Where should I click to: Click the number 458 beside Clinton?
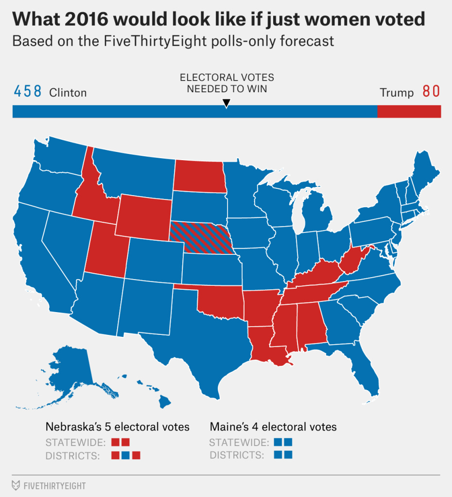27,92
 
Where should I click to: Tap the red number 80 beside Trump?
431,92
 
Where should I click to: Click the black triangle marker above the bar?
226,103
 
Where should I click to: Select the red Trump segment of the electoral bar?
409,111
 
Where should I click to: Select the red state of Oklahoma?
219,301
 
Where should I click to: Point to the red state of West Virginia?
352,260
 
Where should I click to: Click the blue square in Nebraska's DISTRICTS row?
126,455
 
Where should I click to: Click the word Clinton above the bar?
68,92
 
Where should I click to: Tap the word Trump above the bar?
397,92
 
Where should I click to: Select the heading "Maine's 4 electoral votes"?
273,427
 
